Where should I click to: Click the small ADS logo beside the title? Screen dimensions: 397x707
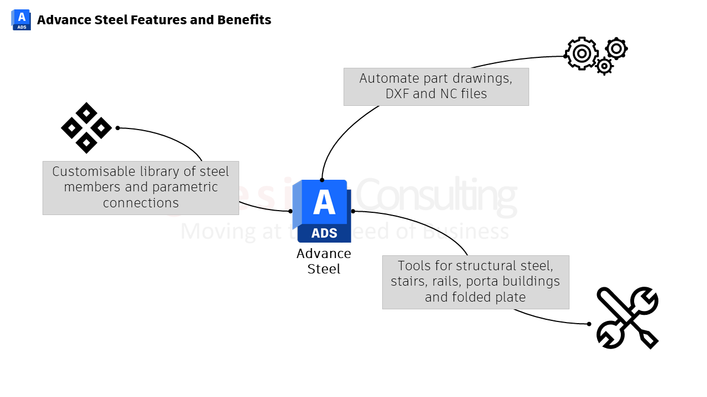[x=21, y=20]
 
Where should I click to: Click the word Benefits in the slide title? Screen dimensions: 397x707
[x=244, y=20]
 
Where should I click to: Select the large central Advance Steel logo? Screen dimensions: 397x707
[x=323, y=211]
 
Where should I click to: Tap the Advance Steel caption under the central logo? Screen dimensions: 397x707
[x=324, y=261]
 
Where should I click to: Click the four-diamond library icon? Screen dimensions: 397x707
[x=86, y=128]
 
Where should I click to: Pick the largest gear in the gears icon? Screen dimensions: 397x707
[x=581, y=53]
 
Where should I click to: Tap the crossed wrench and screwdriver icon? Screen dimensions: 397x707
[x=627, y=317]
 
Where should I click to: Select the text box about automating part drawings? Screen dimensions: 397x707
[x=436, y=87]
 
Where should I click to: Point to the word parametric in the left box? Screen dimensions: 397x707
[x=185, y=187]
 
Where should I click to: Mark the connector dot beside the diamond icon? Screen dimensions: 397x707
[x=118, y=128]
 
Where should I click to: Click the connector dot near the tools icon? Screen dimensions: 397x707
[x=589, y=324]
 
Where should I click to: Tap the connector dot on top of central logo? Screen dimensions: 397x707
[x=322, y=180]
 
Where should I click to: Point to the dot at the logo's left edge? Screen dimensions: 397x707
[x=291, y=211]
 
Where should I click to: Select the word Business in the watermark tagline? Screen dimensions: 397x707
[x=467, y=232]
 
